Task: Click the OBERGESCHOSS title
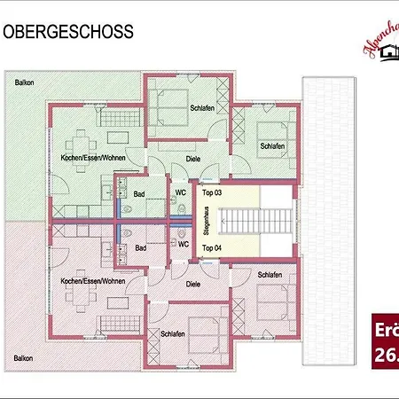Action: pyautogui.click(x=69, y=33)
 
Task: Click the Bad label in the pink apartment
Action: pyautogui.click(x=139, y=248)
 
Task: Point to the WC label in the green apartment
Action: pyautogui.click(x=181, y=191)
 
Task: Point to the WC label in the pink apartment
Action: pyautogui.click(x=184, y=244)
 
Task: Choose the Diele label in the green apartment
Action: pyautogui.click(x=192, y=160)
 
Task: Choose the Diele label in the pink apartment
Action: pyautogui.click(x=192, y=286)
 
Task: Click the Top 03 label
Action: pyautogui.click(x=211, y=192)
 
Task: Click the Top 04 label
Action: pyautogui.click(x=211, y=247)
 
